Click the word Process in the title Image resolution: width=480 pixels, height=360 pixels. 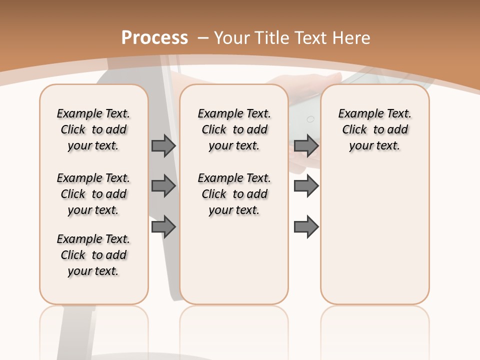click(155, 37)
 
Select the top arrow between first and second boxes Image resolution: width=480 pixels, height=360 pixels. click(163, 145)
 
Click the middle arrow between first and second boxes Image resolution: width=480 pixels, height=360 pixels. click(163, 186)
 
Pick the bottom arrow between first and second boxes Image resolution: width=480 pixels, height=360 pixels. click(163, 227)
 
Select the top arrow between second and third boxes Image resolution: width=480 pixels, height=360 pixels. click(306, 145)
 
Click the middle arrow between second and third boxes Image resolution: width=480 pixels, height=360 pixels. click(306, 186)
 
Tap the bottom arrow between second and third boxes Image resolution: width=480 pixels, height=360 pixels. click(306, 227)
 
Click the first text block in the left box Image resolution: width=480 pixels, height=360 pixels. click(93, 129)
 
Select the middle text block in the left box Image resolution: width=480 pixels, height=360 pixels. click(93, 194)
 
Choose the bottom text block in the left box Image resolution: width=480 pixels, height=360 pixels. click(93, 255)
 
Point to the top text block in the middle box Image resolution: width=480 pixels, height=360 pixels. click(234, 129)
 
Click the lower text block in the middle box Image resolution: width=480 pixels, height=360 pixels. click(234, 194)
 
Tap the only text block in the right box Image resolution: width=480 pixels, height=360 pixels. click(375, 129)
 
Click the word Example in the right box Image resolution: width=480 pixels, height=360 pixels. click(358, 114)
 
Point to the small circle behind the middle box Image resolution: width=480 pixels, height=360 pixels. click(310, 119)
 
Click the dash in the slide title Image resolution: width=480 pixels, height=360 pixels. click(203, 37)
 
